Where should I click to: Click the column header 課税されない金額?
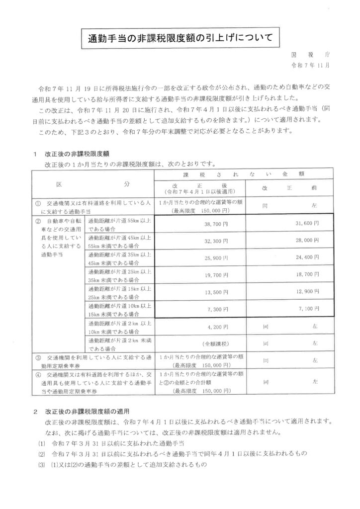pos(244,175)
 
